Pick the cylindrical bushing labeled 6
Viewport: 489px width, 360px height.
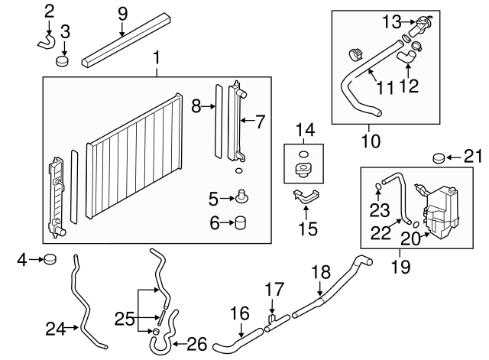[x=241, y=223]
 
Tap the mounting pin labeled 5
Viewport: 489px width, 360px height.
[x=241, y=198]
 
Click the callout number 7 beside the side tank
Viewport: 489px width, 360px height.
[x=259, y=121]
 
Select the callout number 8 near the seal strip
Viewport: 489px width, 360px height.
[x=196, y=106]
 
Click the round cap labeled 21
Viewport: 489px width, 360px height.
[x=439, y=158]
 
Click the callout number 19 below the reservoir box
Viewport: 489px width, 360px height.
[x=400, y=267]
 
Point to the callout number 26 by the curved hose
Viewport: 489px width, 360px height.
[x=197, y=344]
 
